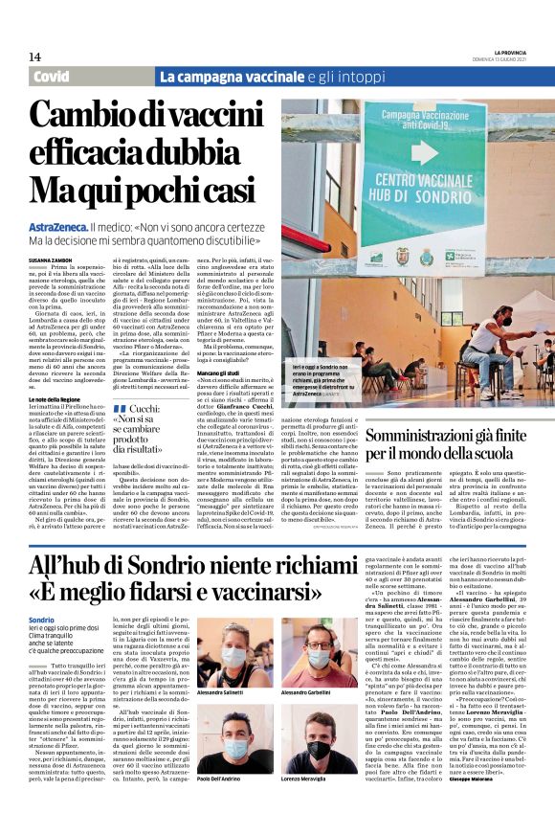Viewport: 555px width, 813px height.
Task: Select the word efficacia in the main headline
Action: click(95, 152)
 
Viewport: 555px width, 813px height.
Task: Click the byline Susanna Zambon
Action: click(50, 259)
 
